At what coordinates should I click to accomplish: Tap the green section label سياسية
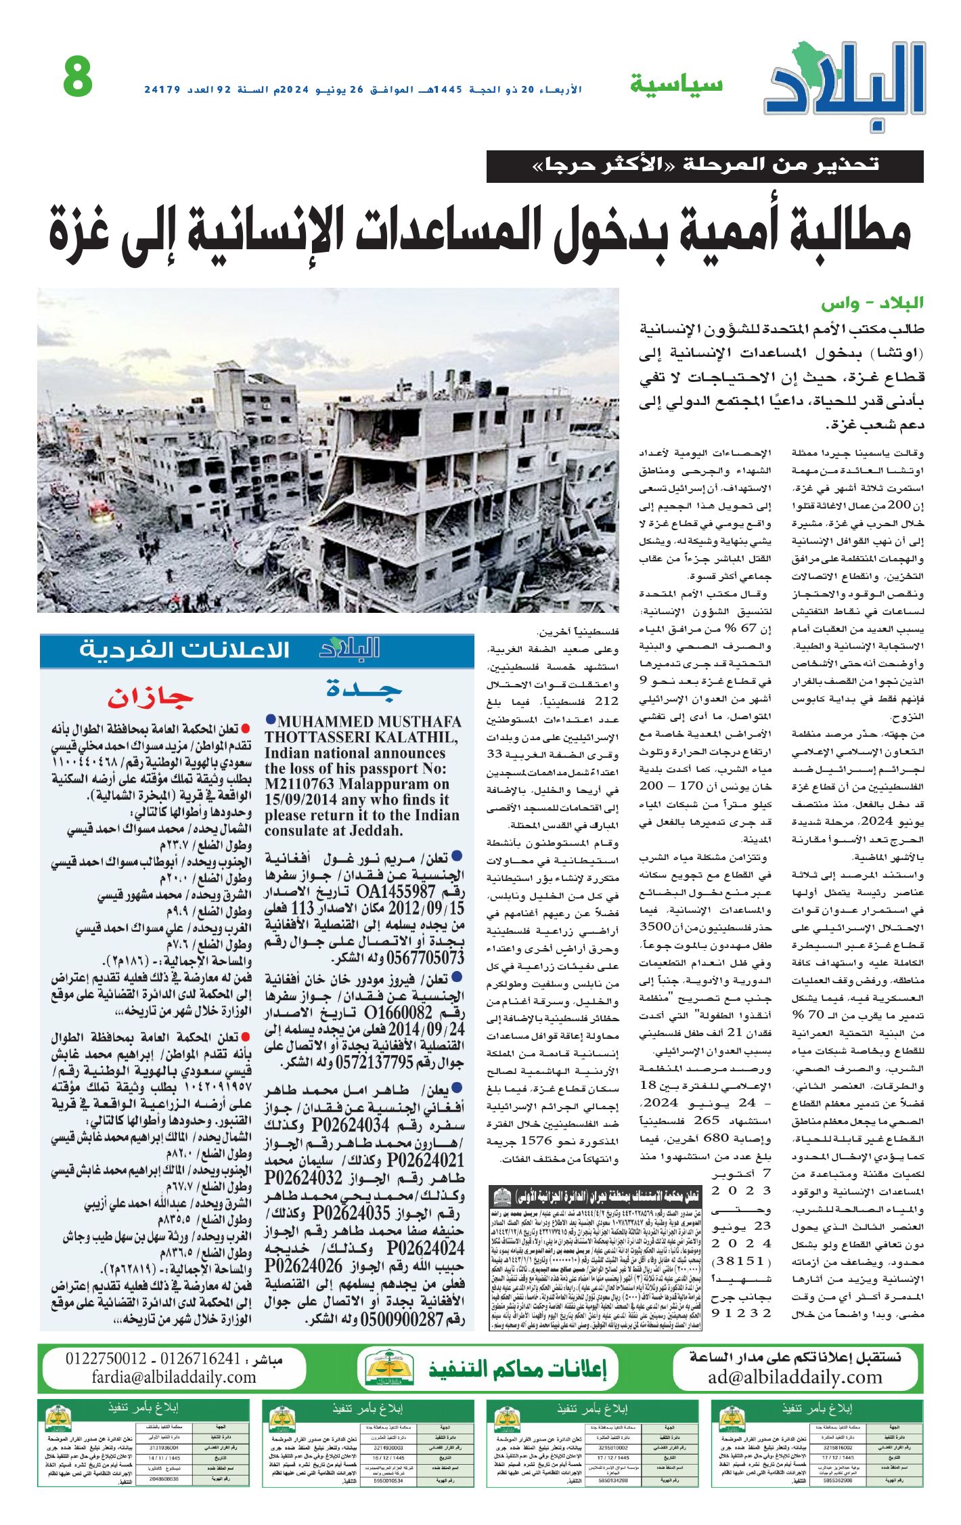tap(676, 84)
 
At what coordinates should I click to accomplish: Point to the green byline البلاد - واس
tap(872, 303)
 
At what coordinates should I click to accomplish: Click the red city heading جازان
tap(150, 697)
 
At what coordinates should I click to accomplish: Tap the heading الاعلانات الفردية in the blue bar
tap(184, 650)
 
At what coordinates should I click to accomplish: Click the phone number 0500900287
tap(403, 1319)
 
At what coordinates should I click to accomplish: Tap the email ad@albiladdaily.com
tap(795, 1377)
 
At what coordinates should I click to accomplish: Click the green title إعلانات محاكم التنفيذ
tap(518, 1369)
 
